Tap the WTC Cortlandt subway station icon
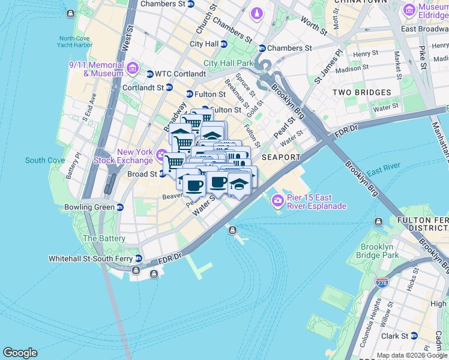coord(149,74)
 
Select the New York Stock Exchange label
coord(126,156)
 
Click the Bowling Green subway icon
coord(120,208)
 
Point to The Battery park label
coord(104,238)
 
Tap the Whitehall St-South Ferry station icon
coord(139,259)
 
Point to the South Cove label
coord(45,160)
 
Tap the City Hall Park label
coord(228,63)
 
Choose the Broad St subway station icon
coord(162,175)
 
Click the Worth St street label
coord(314,23)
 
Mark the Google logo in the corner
coord(20,353)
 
